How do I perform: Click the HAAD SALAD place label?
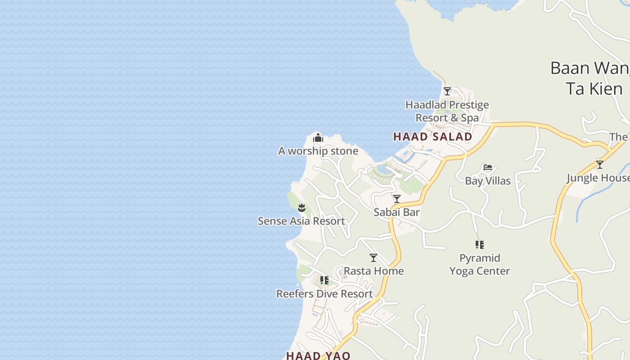(x=432, y=136)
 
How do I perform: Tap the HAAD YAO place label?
(x=318, y=355)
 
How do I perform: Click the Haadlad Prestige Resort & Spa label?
(x=447, y=111)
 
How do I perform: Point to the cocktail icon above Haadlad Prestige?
(x=447, y=91)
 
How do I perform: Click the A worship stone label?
(x=318, y=151)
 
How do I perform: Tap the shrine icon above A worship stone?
(x=318, y=138)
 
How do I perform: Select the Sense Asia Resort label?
(x=301, y=221)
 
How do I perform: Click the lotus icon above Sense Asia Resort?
(x=301, y=207)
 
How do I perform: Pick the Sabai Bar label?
(x=396, y=212)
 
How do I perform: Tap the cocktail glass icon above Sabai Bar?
(x=396, y=199)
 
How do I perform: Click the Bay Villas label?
(x=487, y=181)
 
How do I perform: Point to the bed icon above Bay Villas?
(x=487, y=167)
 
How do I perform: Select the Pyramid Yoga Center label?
(x=480, y=265)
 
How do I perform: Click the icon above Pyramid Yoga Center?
(x=480, y=245)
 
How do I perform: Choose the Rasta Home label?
(x=373, y=271)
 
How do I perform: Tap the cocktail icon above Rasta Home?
(x=373, y=258)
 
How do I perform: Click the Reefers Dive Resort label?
(x=324, y=294)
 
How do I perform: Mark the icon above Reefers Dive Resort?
(x=324, y=280)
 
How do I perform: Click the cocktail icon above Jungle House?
(x=599, y=165)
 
